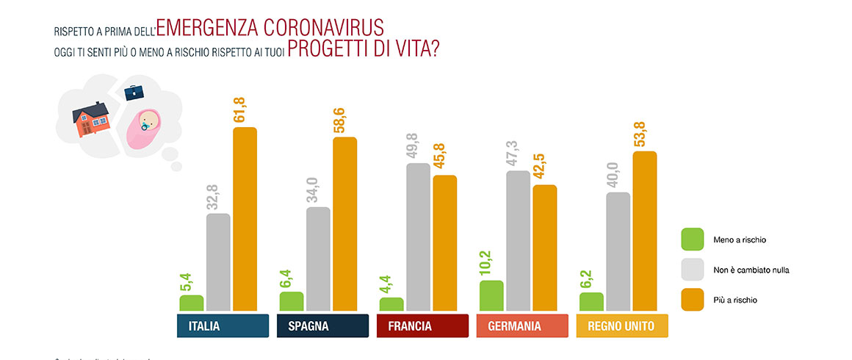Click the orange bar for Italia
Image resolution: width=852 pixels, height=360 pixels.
click(x=245, y=218)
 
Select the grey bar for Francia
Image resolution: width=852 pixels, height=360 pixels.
click(x=418, y=237)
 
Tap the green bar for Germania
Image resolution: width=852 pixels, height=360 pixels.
click(x=491, y=295)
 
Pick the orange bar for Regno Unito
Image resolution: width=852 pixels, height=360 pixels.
click(x=644, y=231)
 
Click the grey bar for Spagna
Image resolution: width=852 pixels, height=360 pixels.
click(x=318, y=259)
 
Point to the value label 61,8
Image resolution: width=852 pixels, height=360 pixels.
click(x=245, y=109)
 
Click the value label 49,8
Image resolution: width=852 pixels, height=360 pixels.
click(x=418, y=145)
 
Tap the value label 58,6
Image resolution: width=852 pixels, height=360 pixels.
click(x=344, y=119)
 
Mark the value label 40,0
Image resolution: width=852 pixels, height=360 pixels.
click(x=618, y=175)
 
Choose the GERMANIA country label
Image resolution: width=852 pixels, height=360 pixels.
click(x=522, y=326)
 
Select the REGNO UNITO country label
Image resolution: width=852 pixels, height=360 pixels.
click(x=622, y=326)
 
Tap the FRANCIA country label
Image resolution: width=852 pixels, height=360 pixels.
click(x=422, y=326)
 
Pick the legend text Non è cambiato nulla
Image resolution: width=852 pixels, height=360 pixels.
click(x=751, y=270)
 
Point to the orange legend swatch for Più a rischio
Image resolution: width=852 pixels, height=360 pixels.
click(x=693, y=300)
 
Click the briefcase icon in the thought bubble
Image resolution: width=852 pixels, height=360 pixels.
click(x=133, y=93)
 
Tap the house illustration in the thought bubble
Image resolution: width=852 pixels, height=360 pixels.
click(x=91, y=119)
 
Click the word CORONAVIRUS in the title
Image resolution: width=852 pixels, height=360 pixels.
click(x=327, y=28)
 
